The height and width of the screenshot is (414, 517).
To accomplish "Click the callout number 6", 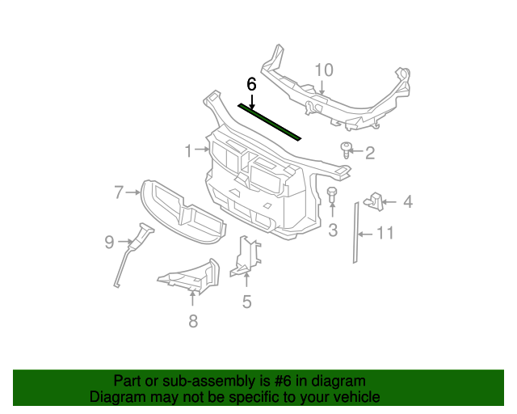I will [x=251, y=83].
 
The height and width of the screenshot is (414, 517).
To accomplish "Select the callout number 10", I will [x=323, y=70].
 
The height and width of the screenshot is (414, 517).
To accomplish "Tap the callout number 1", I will [x=188, y=150].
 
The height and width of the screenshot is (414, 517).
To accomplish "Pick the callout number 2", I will [x=370, y=153].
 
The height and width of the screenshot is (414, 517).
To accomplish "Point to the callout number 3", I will [x=333, y=231].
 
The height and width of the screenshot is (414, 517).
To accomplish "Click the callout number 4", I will [x=408, y=201].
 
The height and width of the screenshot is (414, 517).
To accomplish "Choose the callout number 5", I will [x=247, y=302].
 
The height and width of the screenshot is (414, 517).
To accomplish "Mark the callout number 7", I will [x=119, y=192].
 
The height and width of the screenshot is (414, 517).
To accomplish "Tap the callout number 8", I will [x=192, y=321].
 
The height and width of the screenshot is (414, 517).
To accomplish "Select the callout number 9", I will [x=109, y=240].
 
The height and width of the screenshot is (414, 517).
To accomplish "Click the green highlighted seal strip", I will [x=270, y=121].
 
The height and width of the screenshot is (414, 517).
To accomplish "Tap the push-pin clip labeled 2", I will [x=347, y=149].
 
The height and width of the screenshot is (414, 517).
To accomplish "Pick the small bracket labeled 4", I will [x=374, y=199].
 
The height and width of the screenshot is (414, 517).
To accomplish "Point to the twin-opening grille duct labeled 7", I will [x=182, y=212].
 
